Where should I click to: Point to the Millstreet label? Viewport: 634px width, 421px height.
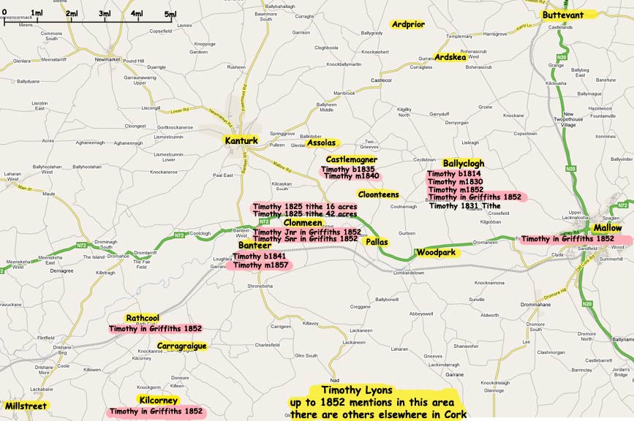tap(25, 406)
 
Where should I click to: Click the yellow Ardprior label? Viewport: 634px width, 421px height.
tap(407, 24)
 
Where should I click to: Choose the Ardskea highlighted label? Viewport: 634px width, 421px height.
tap(450, 57)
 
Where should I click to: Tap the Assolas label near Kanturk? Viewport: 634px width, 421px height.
tap(322, 143)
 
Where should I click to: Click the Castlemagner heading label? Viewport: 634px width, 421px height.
tap(351, 159)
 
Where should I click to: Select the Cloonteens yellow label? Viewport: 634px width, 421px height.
tap(378, 194)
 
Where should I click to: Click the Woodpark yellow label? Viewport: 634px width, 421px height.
tap(436, 253)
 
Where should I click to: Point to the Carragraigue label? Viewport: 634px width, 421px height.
tap(181, 346)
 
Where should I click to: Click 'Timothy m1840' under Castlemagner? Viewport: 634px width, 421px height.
tap(351, 176)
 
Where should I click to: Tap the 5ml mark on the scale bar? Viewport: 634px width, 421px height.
tap(170, 14)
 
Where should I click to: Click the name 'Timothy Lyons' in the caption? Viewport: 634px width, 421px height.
tap(352, 390)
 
